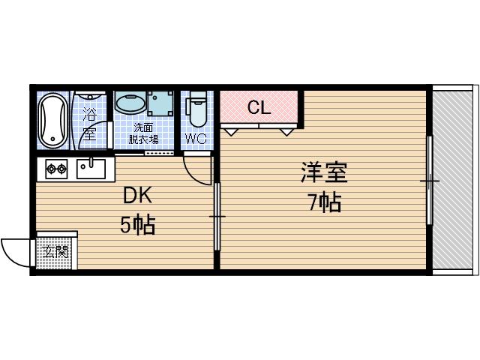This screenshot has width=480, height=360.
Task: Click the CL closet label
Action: pyautogui.click(x=259, y=108)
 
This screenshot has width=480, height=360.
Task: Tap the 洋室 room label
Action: pyautogui.click(x=324, y=173)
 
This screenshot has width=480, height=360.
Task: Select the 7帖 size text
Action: pyautogui.click(x=324, y=202)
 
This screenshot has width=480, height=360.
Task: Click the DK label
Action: pyautogui.click(x=138, y=196)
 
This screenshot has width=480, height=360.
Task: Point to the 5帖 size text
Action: pyautogui.click(x=138, y=224)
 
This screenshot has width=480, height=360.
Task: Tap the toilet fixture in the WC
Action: pyautogui.click(x=198, y=110)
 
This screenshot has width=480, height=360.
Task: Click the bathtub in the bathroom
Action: pyautogui.click(x=52, y=120)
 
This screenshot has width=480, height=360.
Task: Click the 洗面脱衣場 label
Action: pyautogui.click(x=142, y=133)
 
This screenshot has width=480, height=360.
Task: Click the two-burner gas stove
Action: pyautogui.click(x=56, y=169)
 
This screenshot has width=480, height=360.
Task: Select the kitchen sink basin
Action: pyautogui.click(x=91, y=169)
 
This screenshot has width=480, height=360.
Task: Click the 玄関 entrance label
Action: pyautogui.click(x=55, y=252)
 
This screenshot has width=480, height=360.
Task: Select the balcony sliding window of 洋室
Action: pyautogui.click(x=430, y=180)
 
